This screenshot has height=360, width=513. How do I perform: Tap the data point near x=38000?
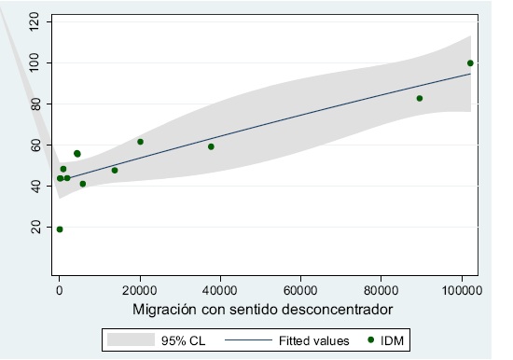pyautogui.click(x=211, y=146)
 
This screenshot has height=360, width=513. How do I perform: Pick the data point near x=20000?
pyautogui.click(x=140, y=142)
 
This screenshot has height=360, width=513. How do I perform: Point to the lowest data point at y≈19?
pyautogui.click(x=60, y=229)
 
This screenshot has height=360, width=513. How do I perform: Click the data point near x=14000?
pyautogui.click(x=115, y=170)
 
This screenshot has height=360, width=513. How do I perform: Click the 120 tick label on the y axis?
pyautogui.click(x=35, y=21)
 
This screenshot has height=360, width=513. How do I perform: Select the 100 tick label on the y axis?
pyautogui.click(x=35, y=62)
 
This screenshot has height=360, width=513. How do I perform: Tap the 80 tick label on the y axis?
pyautogui.click(x=35, y=104)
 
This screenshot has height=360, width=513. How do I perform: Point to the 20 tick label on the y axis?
pyautogui.click(x=35, y=227)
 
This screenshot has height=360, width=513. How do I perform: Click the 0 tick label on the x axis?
pyautogui.click(x=59, y=289)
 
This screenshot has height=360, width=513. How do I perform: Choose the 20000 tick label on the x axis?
pyautogui.click(x=140, y=289)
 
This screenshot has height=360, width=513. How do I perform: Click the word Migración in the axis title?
pyautogui.click(x=167, y=309)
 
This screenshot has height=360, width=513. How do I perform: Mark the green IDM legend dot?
pyautogui.click(x=370, y=341)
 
